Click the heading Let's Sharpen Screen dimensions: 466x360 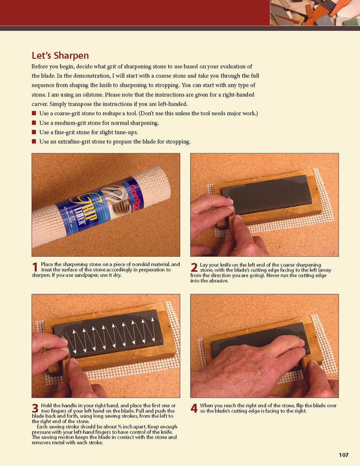(x=60, y=55)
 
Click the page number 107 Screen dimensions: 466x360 (x=343, y=455)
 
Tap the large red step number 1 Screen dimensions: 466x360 (x=35, y=267)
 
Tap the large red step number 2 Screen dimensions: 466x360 (x=194, y=268)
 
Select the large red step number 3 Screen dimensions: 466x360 (x=35, y=408)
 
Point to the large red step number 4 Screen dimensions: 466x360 (x=194, y=408)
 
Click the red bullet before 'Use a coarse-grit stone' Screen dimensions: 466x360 (x=34, y=113)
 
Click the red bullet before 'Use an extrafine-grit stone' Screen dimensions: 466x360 (x=34, y=142)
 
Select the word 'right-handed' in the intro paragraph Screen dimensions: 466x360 (x=238, y=95)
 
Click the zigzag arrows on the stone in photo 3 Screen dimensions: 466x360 (x=112, y=337)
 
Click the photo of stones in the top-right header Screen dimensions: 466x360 (x=315, y=13)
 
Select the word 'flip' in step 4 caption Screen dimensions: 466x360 (x=300, y=405)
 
